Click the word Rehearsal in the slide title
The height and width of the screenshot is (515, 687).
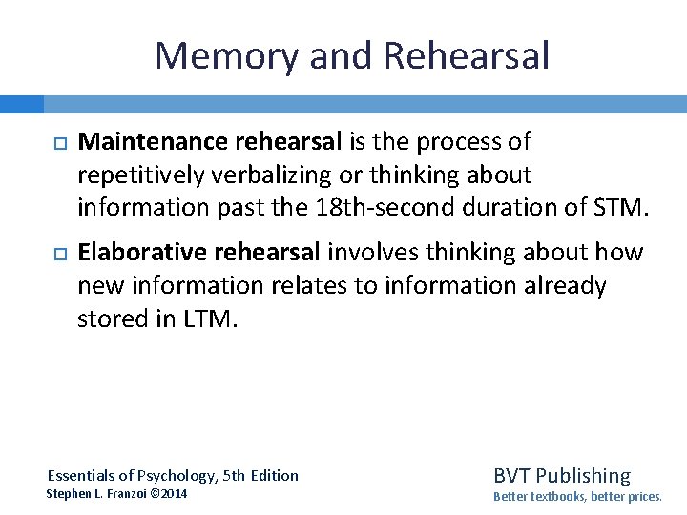tap(467, 56)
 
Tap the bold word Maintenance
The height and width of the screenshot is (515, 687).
tap(152, 142)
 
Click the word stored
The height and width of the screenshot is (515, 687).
tap(110, 318)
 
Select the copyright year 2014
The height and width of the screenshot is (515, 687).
tap(175, 493)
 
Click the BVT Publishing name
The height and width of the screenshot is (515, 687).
tap(562, 475)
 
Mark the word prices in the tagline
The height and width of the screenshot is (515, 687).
tap(639, 497)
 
